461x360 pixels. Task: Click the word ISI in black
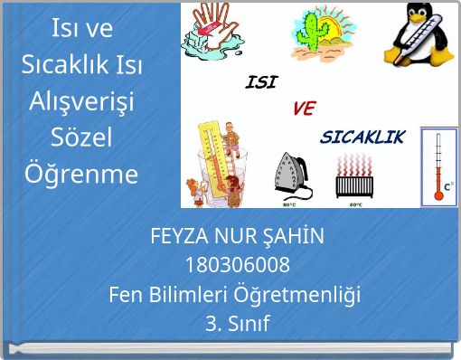pyautogui.click(x=261, y=82)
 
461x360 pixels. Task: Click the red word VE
pyautogui.click(x=304, y=109)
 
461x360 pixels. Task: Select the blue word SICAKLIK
pyautogui.click(x=363, y=138)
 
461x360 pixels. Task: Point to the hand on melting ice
pyautogui.click(x=211, y=32)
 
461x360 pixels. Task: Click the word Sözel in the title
pyautogui.click(x=81, y=137)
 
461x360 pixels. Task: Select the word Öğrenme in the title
pyautogui.click(x=81, y=173)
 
